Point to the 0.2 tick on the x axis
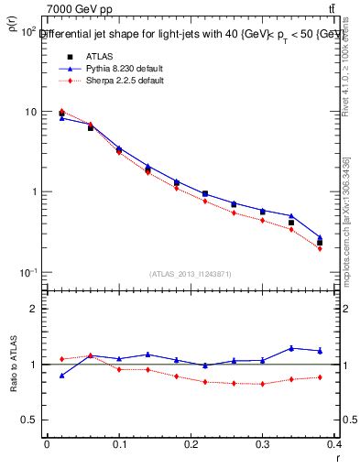[x=191, y=444]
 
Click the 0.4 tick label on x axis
[x=334, y=444]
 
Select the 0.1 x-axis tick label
[x=118, y=444]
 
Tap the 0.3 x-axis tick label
[x=263, y=444]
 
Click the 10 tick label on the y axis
[x=30, y=112]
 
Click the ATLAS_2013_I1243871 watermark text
[x=191, y=274]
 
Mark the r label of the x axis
[x=336, y=457]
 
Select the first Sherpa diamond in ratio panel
[x=61, y=359]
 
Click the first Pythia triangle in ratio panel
[x=61, y=376]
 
